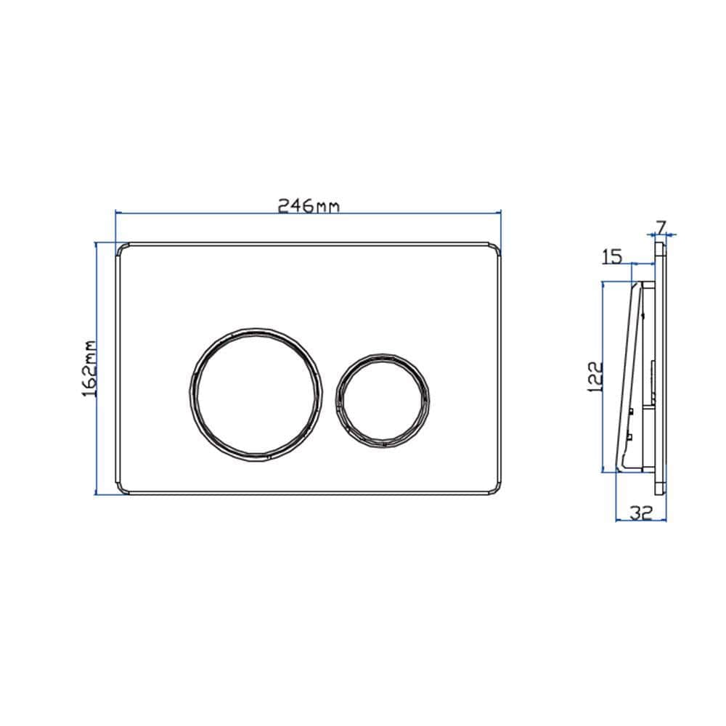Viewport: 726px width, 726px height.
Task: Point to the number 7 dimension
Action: (661, 227)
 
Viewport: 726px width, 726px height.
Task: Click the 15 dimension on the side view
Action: (612, 256)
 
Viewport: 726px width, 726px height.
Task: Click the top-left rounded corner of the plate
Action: (121, 246)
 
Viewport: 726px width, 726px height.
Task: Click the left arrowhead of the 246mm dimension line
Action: (118, 212)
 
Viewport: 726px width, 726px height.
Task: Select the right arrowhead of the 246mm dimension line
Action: (498, 212)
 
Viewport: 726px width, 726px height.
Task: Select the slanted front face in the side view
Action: (626, 378)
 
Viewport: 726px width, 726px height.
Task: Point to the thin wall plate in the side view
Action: (661, 363)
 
